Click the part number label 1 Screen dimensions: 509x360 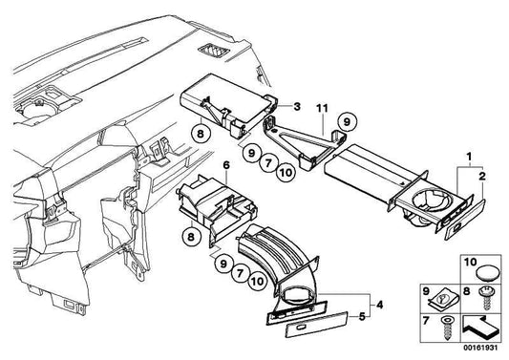[x=469, y=158]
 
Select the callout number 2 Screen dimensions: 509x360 [x=482, y=177]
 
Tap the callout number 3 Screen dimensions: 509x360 [x=297, y=107]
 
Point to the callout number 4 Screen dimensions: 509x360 [x=379, y=305]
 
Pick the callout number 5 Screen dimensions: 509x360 [x=362, y=316]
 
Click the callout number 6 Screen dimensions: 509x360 [x=226, y=165]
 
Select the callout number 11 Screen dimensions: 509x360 [x=322, y=108]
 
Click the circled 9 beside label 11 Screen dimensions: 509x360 [x=347, y=122]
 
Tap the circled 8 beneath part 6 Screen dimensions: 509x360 [x=191, y=236]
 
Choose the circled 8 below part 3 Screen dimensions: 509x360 [x=201, y=134]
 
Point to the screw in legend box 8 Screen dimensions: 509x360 [x=486, y=297]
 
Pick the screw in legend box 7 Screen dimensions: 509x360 [x=447, y=328]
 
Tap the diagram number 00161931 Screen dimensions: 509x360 [x=480, y=348]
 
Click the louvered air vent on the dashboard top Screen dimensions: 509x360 [x=213, y=51]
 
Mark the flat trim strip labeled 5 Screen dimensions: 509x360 [x=317, y=326]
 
